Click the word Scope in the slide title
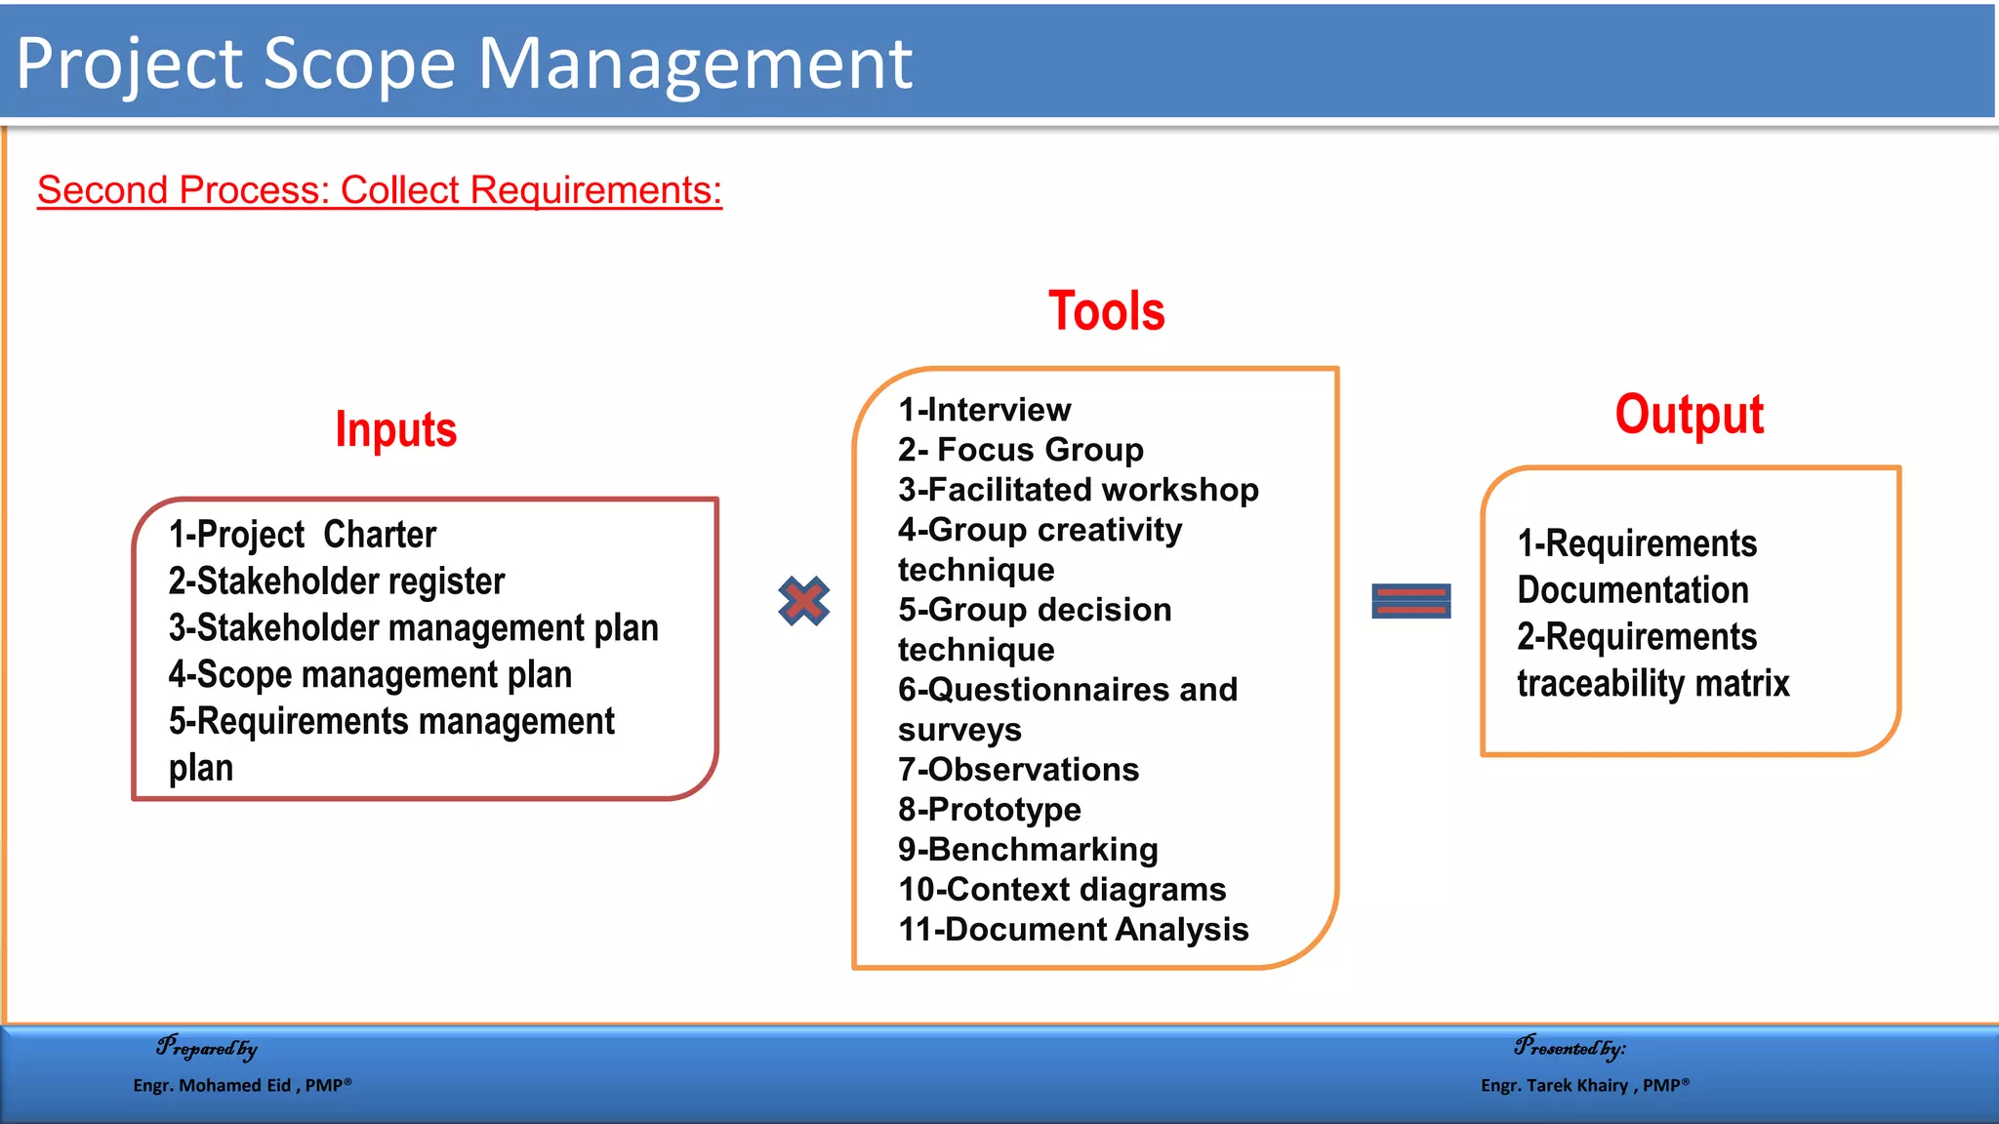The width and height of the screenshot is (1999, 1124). [359, 64]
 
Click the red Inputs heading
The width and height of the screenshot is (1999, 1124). [395, 429]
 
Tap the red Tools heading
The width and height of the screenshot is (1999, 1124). [1106, 311]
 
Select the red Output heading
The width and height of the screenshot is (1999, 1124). [1689, 415]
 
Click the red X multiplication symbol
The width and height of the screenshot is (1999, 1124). [803, 600]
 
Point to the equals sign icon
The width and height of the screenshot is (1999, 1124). [1410, 601]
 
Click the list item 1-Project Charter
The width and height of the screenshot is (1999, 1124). [303, 535]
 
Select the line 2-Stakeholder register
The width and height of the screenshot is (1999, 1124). [337, 582]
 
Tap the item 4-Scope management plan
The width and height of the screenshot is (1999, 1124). [370, 675]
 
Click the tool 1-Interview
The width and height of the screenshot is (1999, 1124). [984, 410]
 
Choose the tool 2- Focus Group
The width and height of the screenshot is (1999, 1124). [1020, 450]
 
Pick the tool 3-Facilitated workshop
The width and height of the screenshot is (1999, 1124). [1078, 490]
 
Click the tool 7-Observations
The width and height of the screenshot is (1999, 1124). [1018, 770]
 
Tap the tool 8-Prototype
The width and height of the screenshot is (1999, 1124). [989, 810]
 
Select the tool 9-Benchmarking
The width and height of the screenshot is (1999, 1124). [1028, 850]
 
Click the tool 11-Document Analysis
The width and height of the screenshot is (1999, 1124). [1073, 930]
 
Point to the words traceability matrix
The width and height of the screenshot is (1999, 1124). [1652, 684]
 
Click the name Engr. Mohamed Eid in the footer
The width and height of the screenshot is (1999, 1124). [212, 1085]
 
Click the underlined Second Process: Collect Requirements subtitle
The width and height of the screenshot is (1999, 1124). [379, 189]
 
